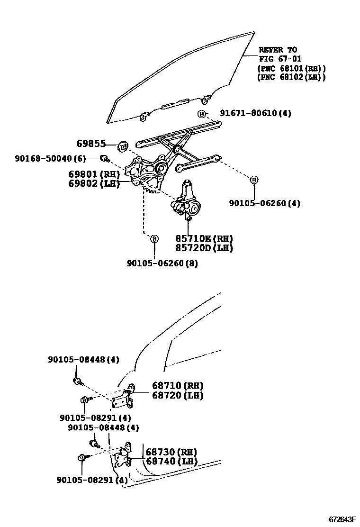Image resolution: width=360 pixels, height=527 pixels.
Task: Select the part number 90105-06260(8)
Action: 162,263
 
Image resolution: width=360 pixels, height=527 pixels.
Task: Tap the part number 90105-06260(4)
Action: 265,203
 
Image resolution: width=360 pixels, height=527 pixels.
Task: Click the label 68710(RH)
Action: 178,386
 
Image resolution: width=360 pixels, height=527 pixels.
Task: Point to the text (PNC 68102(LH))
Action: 291,77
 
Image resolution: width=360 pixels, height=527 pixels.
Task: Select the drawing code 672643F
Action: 342,519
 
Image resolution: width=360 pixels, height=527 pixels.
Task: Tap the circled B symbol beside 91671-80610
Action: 201,114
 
